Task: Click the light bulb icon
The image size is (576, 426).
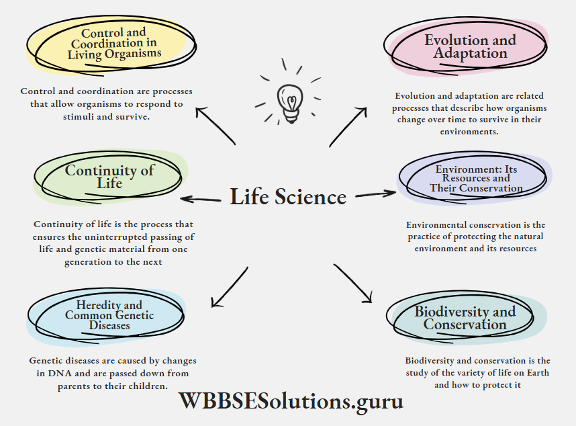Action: (289, 101)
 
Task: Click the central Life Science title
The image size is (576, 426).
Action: (288, 197)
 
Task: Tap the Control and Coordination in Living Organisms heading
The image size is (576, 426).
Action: (114, 43)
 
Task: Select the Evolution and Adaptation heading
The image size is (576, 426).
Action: (470, 46)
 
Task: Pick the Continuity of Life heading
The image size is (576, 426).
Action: (109, 177)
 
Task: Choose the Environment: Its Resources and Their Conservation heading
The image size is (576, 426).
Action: (476, 179)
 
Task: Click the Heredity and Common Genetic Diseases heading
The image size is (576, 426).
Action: (109, 315)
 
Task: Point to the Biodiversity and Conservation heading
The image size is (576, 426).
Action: (465, 318)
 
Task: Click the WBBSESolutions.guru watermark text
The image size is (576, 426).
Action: (291, 401)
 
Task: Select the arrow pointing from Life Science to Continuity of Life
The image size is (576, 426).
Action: (201, 199)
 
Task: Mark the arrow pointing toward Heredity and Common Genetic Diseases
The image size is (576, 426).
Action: (228, 288)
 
